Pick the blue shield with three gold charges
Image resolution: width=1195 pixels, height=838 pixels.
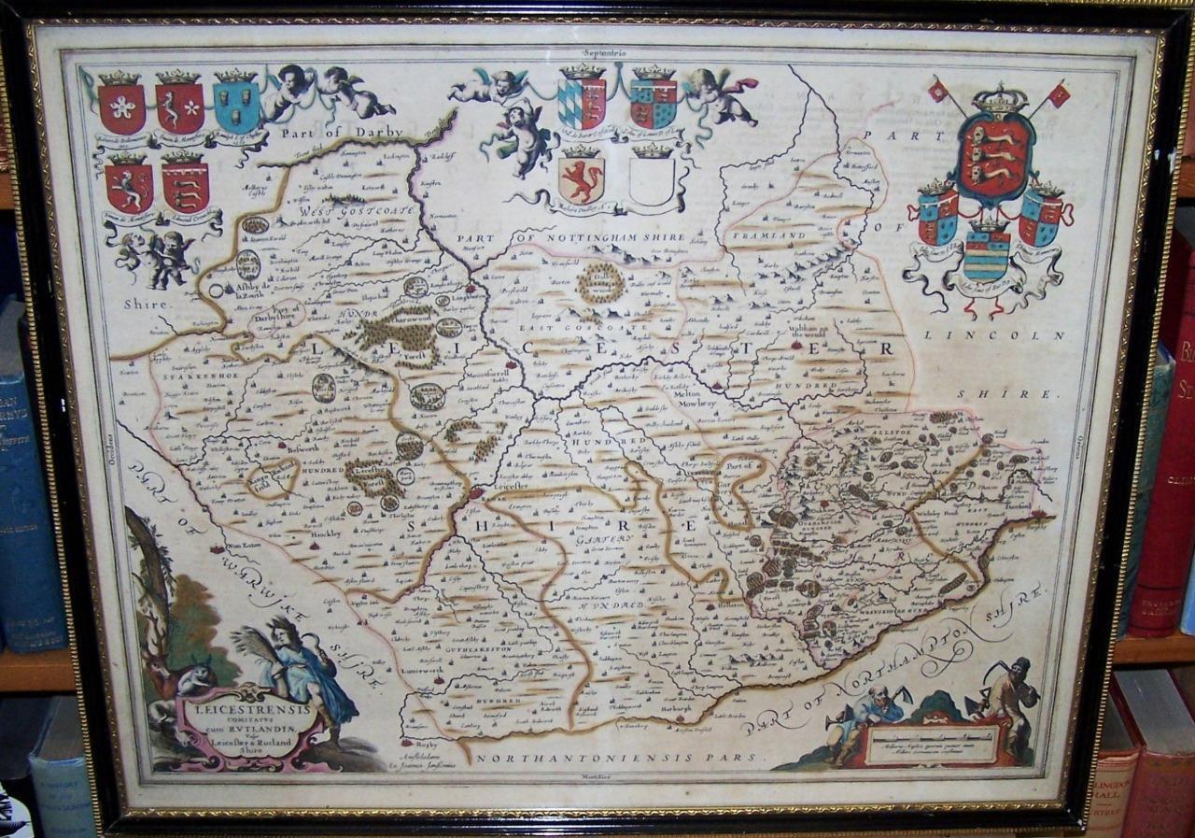point(235,105)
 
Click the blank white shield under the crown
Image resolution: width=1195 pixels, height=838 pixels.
point(652,180)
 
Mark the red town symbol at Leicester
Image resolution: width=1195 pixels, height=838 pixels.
point(475,491)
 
